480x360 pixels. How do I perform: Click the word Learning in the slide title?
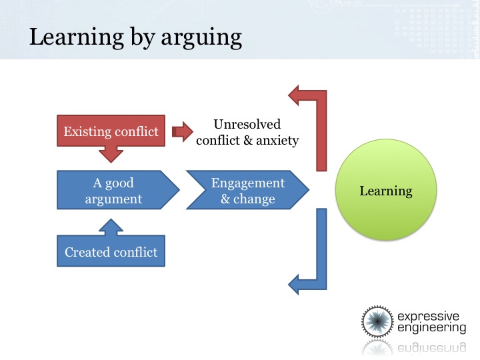click(x=77, y=38)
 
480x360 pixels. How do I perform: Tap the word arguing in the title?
click(x=201, y=38)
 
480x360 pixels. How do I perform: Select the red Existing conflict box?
click(x=111, y=131)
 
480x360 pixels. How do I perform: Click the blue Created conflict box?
click(x=111, y=251)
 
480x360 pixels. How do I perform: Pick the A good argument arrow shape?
click(x=118, y=190)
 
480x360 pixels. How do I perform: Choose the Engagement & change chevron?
click(x=247, y=190)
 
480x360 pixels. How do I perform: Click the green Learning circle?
click(x=386, y=190)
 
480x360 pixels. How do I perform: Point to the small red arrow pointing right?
click(x=183, y=131)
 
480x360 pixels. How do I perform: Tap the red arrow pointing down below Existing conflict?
click(x=111, y=154)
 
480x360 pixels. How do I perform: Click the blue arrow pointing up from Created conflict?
click(x=111, y=227)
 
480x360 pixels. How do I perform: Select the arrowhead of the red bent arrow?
click(x=293, y=95)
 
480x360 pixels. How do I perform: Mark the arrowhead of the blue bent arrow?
click(x=293, y=285)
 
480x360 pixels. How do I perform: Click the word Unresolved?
click(x=247, y=124)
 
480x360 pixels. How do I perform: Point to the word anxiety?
click(x=277, y=141)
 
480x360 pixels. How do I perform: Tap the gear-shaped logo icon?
click(x=377, y=321)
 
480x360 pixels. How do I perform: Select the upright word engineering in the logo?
click(x=431, y=327)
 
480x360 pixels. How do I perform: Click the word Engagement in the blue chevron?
click(x=248, y=183)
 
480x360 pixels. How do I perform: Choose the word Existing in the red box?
click(x=86, y=131)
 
